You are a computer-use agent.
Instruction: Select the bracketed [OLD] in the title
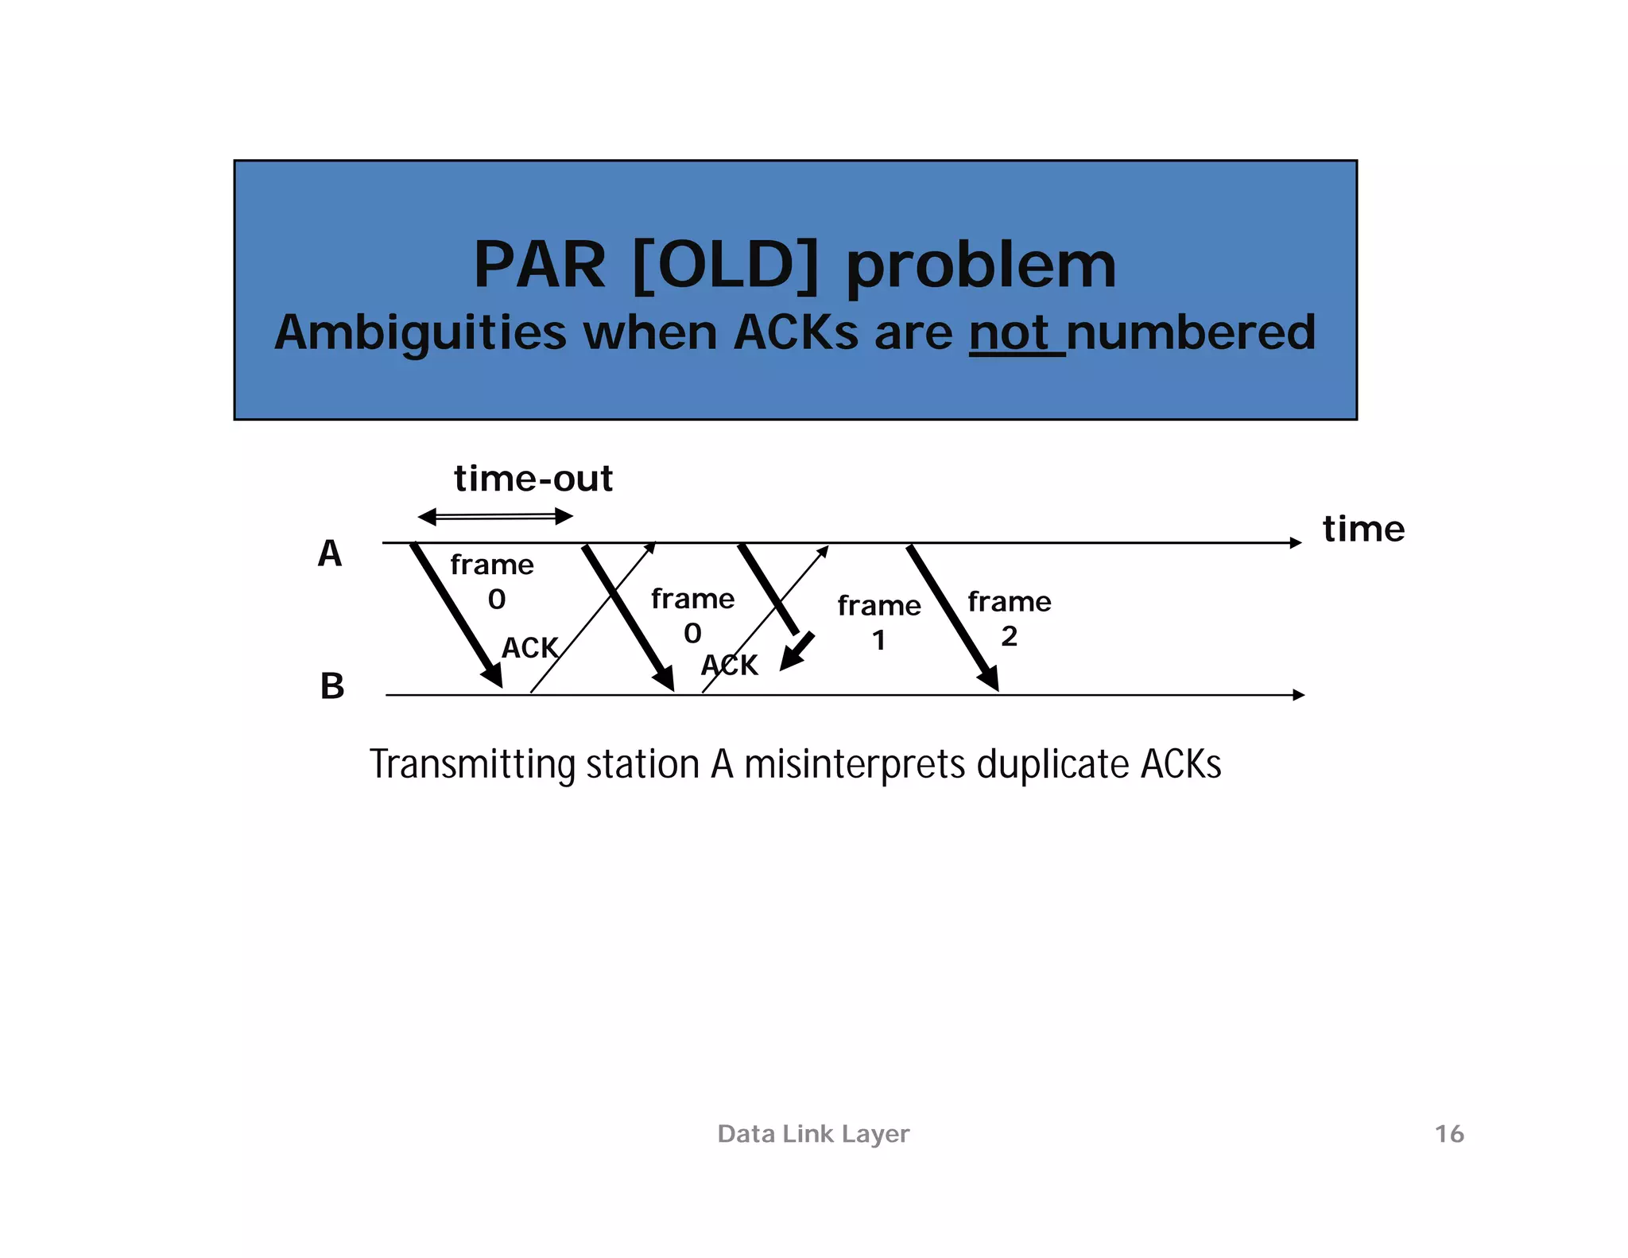click(x=725, y=265)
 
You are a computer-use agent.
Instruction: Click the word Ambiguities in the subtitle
click(x=420, y=332)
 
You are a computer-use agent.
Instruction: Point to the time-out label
click(x=533, y=479)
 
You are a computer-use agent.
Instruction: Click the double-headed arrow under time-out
click(x=495, y=517)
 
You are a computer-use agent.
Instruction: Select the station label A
click(x=330, y=553)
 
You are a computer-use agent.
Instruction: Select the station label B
click(x=332, y=685)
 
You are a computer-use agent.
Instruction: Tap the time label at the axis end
click(x=1363, y=529)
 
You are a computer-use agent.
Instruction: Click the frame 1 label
click(x=878, y=622)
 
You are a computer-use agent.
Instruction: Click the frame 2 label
click(x=1009, y=618)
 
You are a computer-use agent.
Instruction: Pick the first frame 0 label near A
click(x=492, y=581)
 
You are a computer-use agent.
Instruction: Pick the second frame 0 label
click(x=692, y=615)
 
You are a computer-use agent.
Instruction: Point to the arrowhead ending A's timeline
click(x=1295, y=542)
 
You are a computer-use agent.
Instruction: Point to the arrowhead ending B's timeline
click(x=1298, y=695)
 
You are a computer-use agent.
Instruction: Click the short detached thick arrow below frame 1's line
click(x=797, y=652)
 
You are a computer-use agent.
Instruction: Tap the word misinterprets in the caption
click(x=856, y=764)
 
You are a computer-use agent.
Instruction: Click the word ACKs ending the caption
click(x=1180, y=764)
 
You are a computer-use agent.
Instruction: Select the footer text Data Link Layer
click(x=812, y=1133)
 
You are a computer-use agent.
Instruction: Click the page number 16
click(x=1448, y=1133)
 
